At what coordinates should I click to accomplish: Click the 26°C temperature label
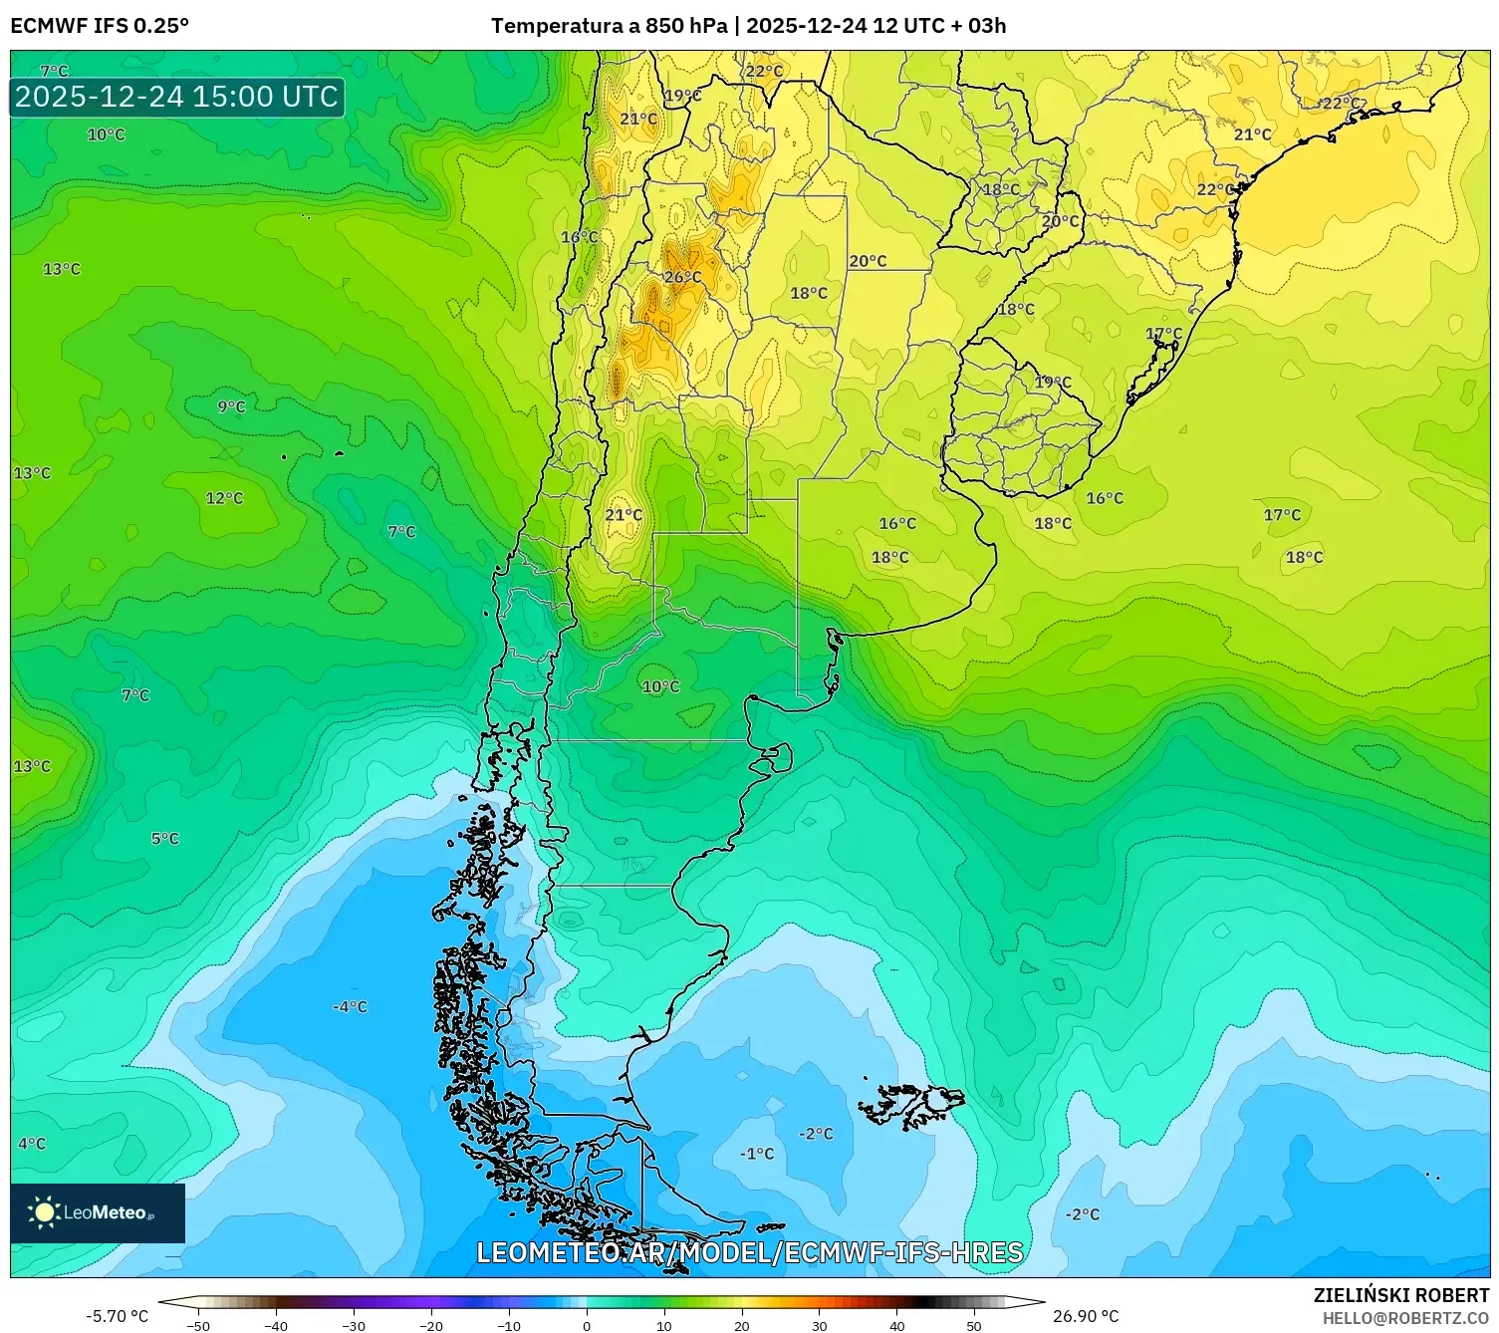pyautogui.click(x=682, y=277)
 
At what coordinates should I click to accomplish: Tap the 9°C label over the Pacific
pyautogui.click(x=231, y=406)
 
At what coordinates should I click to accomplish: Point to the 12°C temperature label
pyautogui.click(x=224, y=498)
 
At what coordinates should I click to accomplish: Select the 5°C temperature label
pyautogui.click(x=165, y=839)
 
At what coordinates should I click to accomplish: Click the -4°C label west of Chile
pyautogui.click(x=350, y=1007)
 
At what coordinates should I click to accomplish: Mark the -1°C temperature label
pyautogui.click(x=757, y=1154)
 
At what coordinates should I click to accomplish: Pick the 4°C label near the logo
pyautogui.click(x=32, y=1144)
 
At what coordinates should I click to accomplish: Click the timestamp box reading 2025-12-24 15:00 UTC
pyautogui.click(x=177, y=97)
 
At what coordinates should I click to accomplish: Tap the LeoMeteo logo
pyautogui.click(x=97, y=1212)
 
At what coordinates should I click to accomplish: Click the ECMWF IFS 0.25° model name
pyautogui.click(x=100, y=26)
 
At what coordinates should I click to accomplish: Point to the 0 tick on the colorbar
pyautogui.click(x=587, y=1325)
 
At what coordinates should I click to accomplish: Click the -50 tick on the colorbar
pyautogui.click(x=198, y=1325)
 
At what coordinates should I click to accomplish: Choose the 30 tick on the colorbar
pyautogui.click(x=820, y=1325)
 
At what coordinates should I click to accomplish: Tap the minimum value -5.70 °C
pyautogui.click(x=117, y=1316)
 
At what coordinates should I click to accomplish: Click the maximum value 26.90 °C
pyautogui.click(x=1086, y=1316)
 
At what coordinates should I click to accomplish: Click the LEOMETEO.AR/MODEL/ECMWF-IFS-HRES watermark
pyautogui.click(x=749, y=1252)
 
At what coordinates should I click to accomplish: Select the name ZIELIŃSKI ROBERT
pyautogui.click(x=1400, y=1296)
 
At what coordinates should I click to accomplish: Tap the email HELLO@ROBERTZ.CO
pyautogui.click(x=1405, y=1318)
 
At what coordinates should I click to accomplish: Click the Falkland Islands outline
pyautogui.click(x=911, y=1104)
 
